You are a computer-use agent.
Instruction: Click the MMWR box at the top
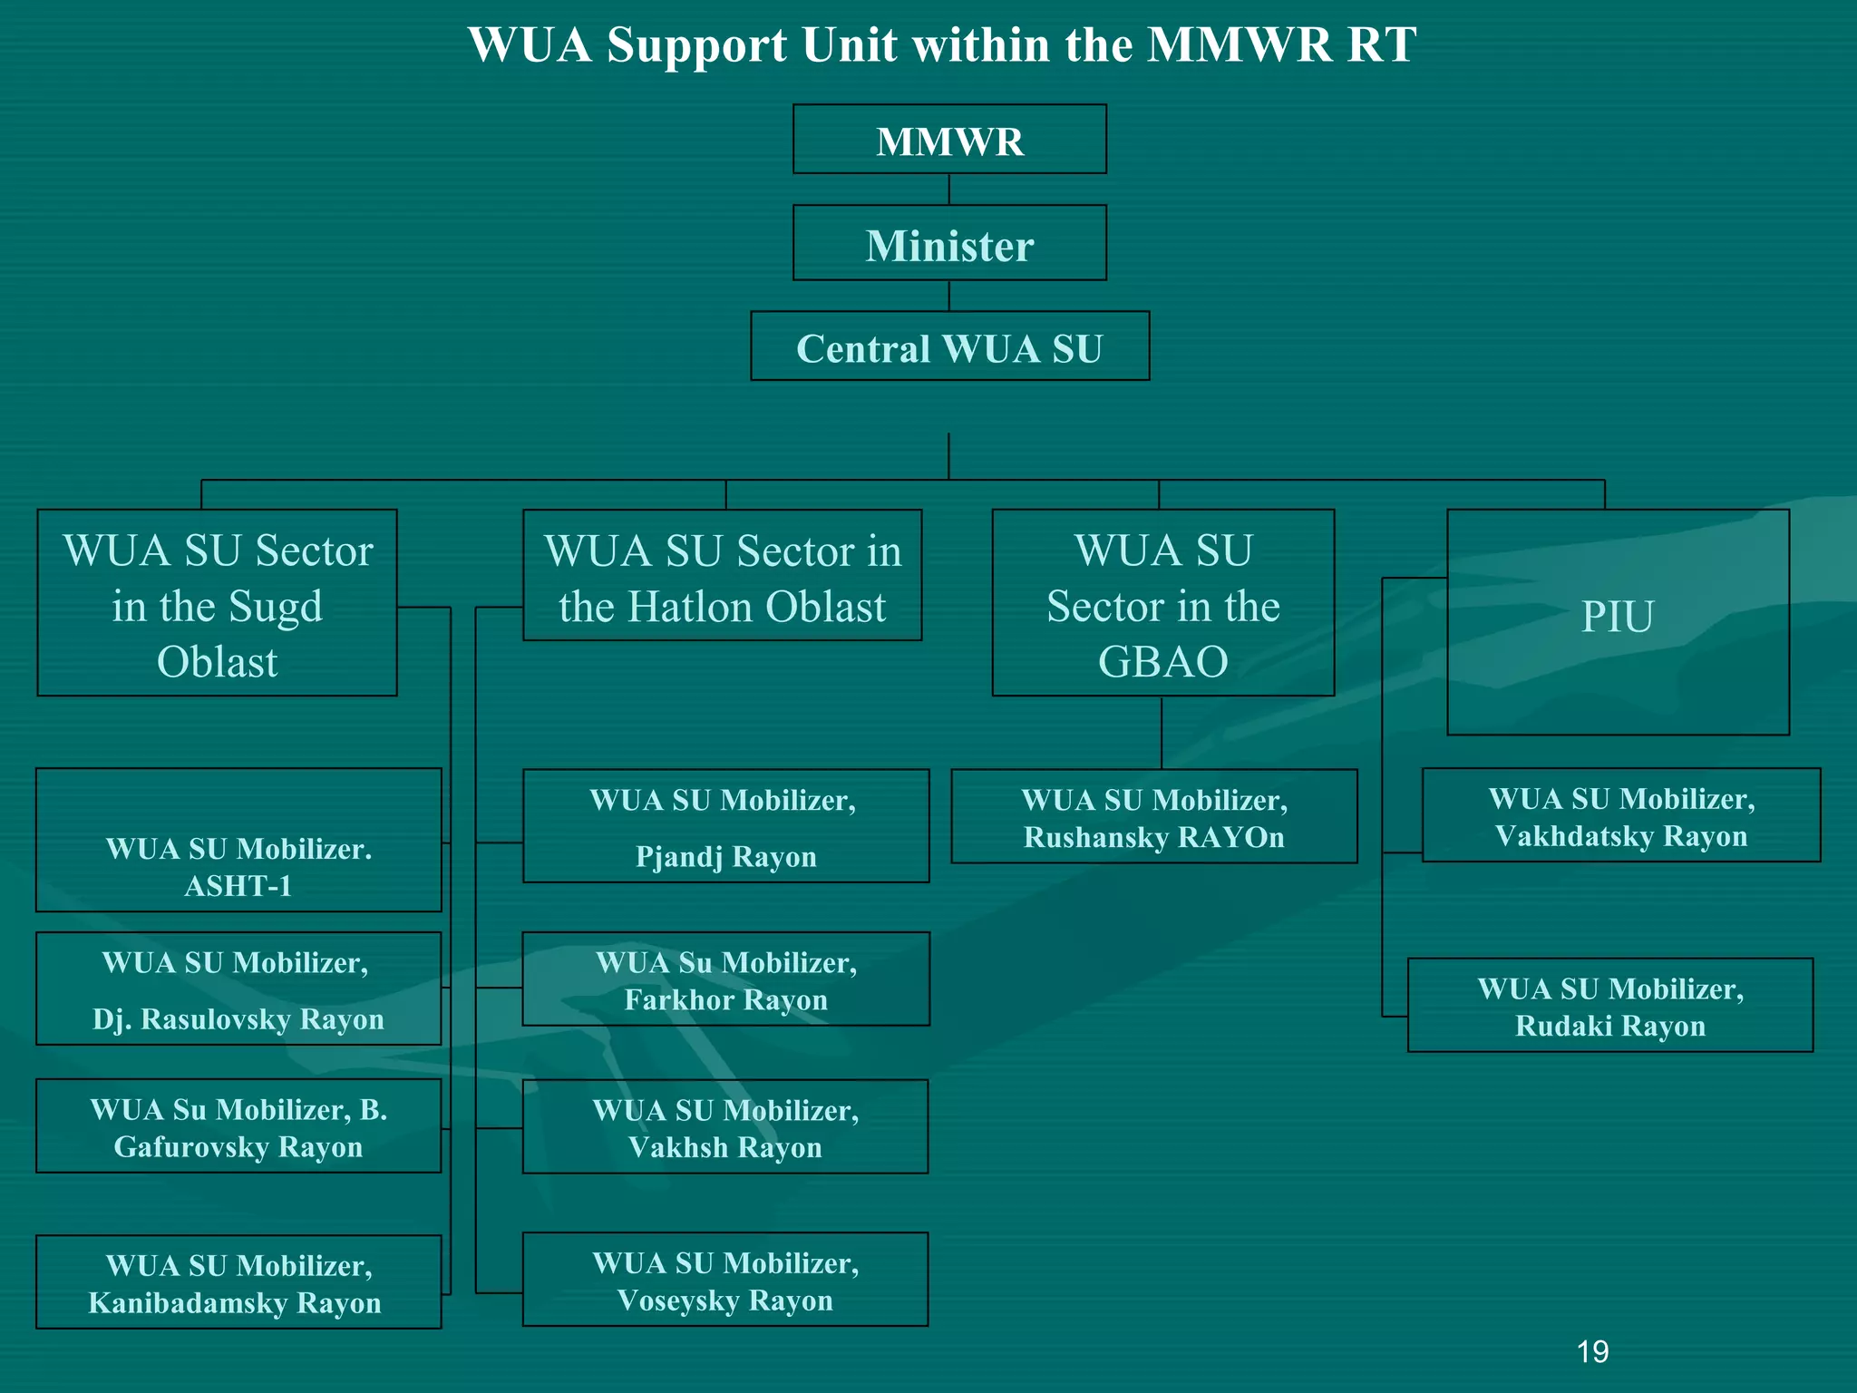pos(949,140)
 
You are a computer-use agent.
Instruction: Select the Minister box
pos(949,243)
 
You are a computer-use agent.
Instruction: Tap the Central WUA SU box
pos(949,346)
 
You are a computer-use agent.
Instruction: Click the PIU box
pos(1618,621)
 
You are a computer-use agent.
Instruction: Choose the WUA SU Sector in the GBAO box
pos(1163,603)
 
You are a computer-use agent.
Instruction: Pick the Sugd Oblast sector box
pos(217,603)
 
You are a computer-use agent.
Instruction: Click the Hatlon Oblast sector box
pos(723,576)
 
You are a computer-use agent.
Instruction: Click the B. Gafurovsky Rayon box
pos(238,1126)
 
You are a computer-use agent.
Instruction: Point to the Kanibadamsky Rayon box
pos(238,1282)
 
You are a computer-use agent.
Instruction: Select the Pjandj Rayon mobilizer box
pos(725,826)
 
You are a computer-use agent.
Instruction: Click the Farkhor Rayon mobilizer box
pos(725,979)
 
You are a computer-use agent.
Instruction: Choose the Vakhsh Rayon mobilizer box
pos(725,1127)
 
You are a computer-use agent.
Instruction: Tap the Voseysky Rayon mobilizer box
pos(725,1280)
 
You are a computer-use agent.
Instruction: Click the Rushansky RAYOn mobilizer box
pos(1154,817)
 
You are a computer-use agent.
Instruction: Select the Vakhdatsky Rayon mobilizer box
pos(1621,815)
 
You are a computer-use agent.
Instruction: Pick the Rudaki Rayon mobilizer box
pos(1610,1006)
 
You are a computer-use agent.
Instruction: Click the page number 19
pos(1592,1352)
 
